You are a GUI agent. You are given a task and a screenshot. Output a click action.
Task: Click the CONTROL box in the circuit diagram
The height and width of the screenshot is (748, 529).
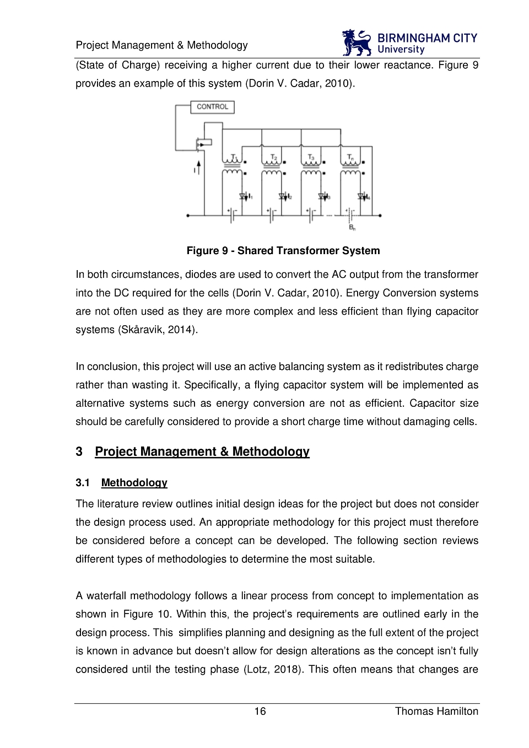(212, 107)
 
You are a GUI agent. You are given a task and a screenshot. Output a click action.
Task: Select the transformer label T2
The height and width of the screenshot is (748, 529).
(274, 158)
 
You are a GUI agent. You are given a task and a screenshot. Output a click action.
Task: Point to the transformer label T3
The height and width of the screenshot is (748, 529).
(311, 158)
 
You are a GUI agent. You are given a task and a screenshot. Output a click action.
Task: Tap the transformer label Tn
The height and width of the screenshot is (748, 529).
(350, 158)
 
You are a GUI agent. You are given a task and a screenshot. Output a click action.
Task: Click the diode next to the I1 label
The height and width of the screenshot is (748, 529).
(243, 196)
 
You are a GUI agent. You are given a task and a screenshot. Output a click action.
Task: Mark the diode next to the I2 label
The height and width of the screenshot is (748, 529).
(282, 196)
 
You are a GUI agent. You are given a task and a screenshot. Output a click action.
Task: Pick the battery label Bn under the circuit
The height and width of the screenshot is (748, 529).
(352, 227)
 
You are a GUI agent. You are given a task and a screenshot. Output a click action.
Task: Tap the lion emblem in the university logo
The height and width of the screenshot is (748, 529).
(357, 43)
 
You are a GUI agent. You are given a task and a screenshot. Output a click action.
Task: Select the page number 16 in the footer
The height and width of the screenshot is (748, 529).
(260, 711)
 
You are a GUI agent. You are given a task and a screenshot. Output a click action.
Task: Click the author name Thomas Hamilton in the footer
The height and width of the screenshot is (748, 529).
(436, 711)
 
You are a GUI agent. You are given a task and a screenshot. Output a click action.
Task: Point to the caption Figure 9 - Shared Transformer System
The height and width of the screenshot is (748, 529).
(283, 251)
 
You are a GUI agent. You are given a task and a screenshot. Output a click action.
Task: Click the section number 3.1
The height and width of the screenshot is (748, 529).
(83, 483)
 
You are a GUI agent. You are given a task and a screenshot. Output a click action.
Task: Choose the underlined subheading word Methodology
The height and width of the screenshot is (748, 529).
(134, 483)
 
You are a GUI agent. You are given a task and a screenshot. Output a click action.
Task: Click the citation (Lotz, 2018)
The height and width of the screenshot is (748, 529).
(273, 669)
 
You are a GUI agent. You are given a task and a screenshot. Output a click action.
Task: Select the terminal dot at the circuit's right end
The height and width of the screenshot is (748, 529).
(380, 216)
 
